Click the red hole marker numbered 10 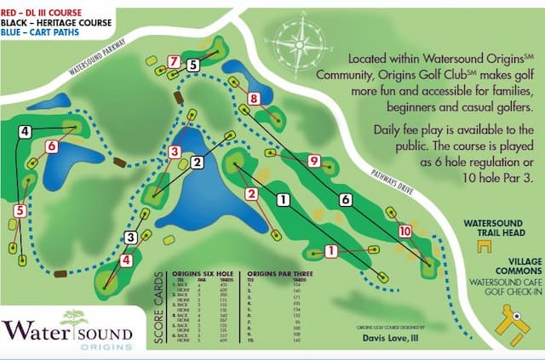click(x=404, y=231)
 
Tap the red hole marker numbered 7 click(x=174, y=61)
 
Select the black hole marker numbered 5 click(x=193, y=64)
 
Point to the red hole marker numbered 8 click(x=253, y=99)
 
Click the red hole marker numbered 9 click(x=314, y=160)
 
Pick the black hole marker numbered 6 click(x=345, y=199)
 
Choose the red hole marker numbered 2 click(x=250, y=194)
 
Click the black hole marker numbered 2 click(x=197, y=162)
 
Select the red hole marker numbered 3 click(x=175, y=151)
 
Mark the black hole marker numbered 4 click(x=26, y=131)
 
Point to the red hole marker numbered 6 click(x=52, y=146)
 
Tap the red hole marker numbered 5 click(x=20, y=210)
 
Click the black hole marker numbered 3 click(x=130, y=237)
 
